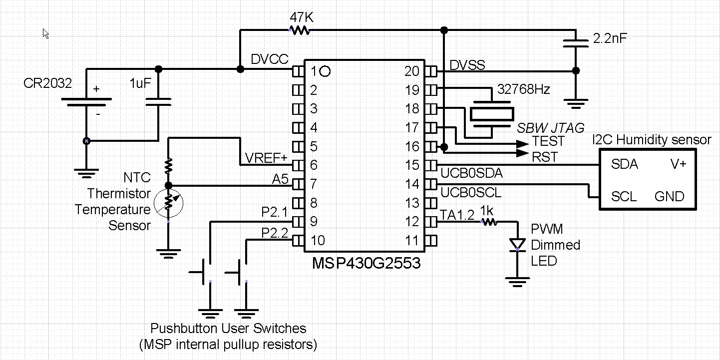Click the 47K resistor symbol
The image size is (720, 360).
click(x=300, y=30)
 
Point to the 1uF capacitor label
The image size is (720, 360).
click(x=140, y=83)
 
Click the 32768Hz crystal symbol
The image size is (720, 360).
click(x=492, y=114)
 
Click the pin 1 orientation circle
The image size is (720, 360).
click(x=325, y=71)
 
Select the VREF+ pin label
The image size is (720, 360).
click(x=266, y=158)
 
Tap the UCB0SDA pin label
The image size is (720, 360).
click(x=472, y=173)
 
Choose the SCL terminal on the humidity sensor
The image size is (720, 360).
click(x=624, y=197)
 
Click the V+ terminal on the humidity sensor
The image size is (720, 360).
click(x=678, y=164)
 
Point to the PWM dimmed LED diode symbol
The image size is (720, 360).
click(x=517, y=244)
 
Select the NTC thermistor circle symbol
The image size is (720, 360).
click(x=169, y=202)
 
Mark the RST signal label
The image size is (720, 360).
click(x=545, y=157)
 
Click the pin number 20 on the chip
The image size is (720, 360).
click(x=412, y=71)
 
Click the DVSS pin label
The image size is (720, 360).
click(x=467, y=65)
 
